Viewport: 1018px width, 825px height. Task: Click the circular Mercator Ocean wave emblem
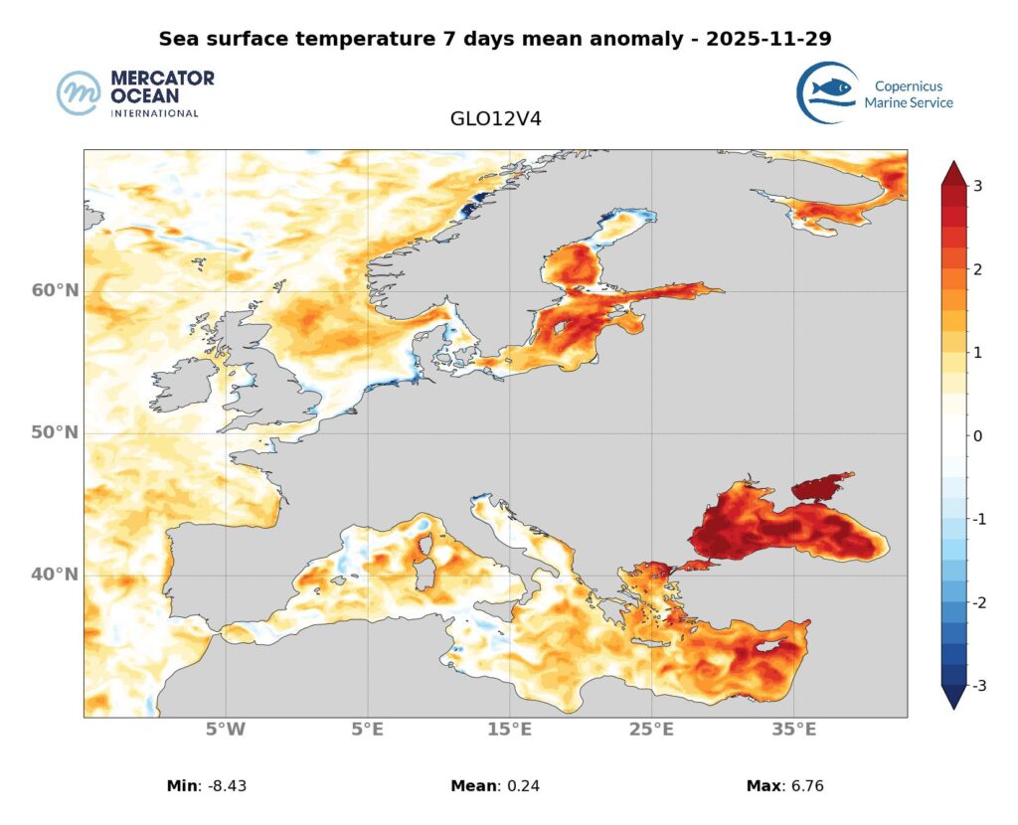tap(80, 93)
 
